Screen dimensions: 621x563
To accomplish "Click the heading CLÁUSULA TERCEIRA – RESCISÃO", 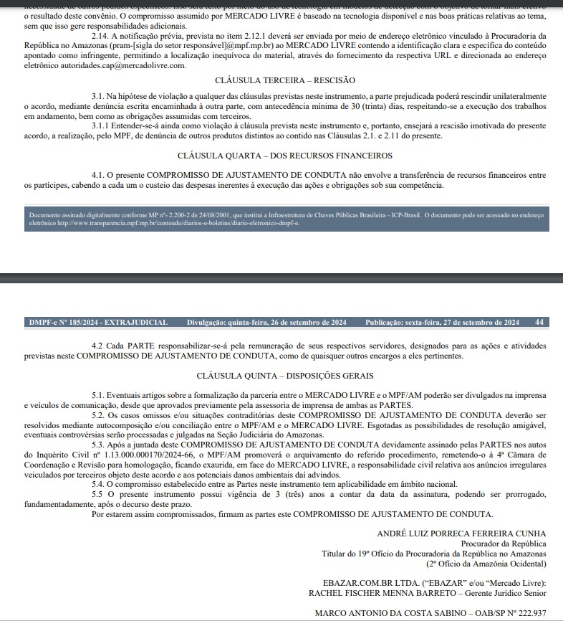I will click(x=284, y=80).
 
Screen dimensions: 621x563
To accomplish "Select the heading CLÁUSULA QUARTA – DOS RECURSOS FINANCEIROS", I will click(x=284, y=155).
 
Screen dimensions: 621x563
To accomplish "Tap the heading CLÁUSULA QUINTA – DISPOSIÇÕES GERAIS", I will click(x=284, y=376).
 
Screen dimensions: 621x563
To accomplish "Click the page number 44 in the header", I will click(x=539, y=322).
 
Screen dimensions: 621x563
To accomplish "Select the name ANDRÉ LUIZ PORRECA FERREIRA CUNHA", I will click(x=461, y=534).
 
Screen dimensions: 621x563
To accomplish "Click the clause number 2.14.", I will click(x=101, y=34).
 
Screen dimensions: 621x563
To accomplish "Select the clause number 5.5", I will click(x=98, y=494).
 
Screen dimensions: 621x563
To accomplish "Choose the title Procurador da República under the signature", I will click(x=502, y=543).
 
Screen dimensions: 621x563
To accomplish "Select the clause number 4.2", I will click(x=98, y=346).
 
